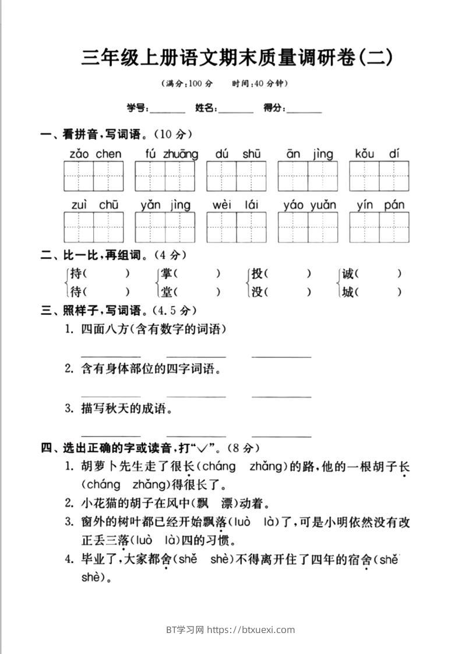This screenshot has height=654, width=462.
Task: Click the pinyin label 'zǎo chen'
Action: coord(96,154)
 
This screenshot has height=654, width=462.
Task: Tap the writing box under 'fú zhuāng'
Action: coord(165,176)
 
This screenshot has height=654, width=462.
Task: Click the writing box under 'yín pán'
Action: coord(379,227)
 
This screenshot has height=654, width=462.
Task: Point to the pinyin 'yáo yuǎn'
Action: coord(309,205)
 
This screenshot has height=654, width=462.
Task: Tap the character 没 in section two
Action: coord(257,292)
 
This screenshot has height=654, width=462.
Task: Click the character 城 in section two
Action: coord(348,292)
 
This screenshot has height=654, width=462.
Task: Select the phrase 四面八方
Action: coord(107,329)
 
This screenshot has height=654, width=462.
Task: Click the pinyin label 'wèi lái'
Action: coord(236,205)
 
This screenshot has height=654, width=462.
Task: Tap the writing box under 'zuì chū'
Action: coord(94,227)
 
